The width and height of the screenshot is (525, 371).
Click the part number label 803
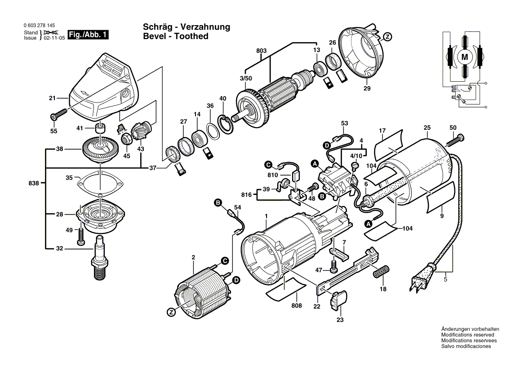pos(261,51)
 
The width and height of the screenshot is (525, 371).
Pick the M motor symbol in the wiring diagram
pos(465,57)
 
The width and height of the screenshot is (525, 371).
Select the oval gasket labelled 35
pos(99,183)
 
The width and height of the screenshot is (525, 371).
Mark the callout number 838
pos(34,183)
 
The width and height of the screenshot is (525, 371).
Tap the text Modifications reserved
pos(467,335)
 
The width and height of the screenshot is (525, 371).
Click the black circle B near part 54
pos(218,204)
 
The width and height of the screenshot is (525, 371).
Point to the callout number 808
pos(296,305)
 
